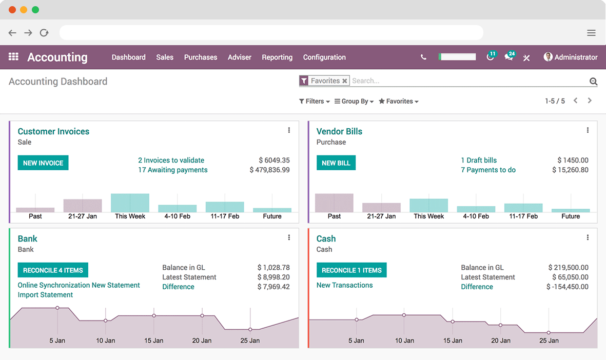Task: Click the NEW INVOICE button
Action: pos(43,163)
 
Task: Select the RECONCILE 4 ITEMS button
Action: pos(53,270)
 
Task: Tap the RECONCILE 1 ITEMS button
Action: pos(351,270)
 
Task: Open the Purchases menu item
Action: pos(201,57)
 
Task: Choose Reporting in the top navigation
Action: pos(277,57)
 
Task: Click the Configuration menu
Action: pos(324,57)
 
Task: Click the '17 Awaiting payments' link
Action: pos(173,170)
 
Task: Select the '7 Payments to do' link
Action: pos(488,170)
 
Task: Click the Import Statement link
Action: pos(46,295)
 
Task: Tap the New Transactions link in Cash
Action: pos(345,285)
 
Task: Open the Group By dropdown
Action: pos(354,102)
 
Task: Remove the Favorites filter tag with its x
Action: pos(345,81)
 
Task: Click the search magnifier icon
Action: pos(593,82)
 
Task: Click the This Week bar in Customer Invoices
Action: pos(130,203)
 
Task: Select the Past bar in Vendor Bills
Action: pos(334,203)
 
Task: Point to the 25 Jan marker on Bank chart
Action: pos(250,329)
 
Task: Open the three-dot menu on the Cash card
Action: pos(588,237)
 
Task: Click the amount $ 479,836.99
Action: pos(270,170)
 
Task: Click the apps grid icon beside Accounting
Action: pos(14,57)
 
